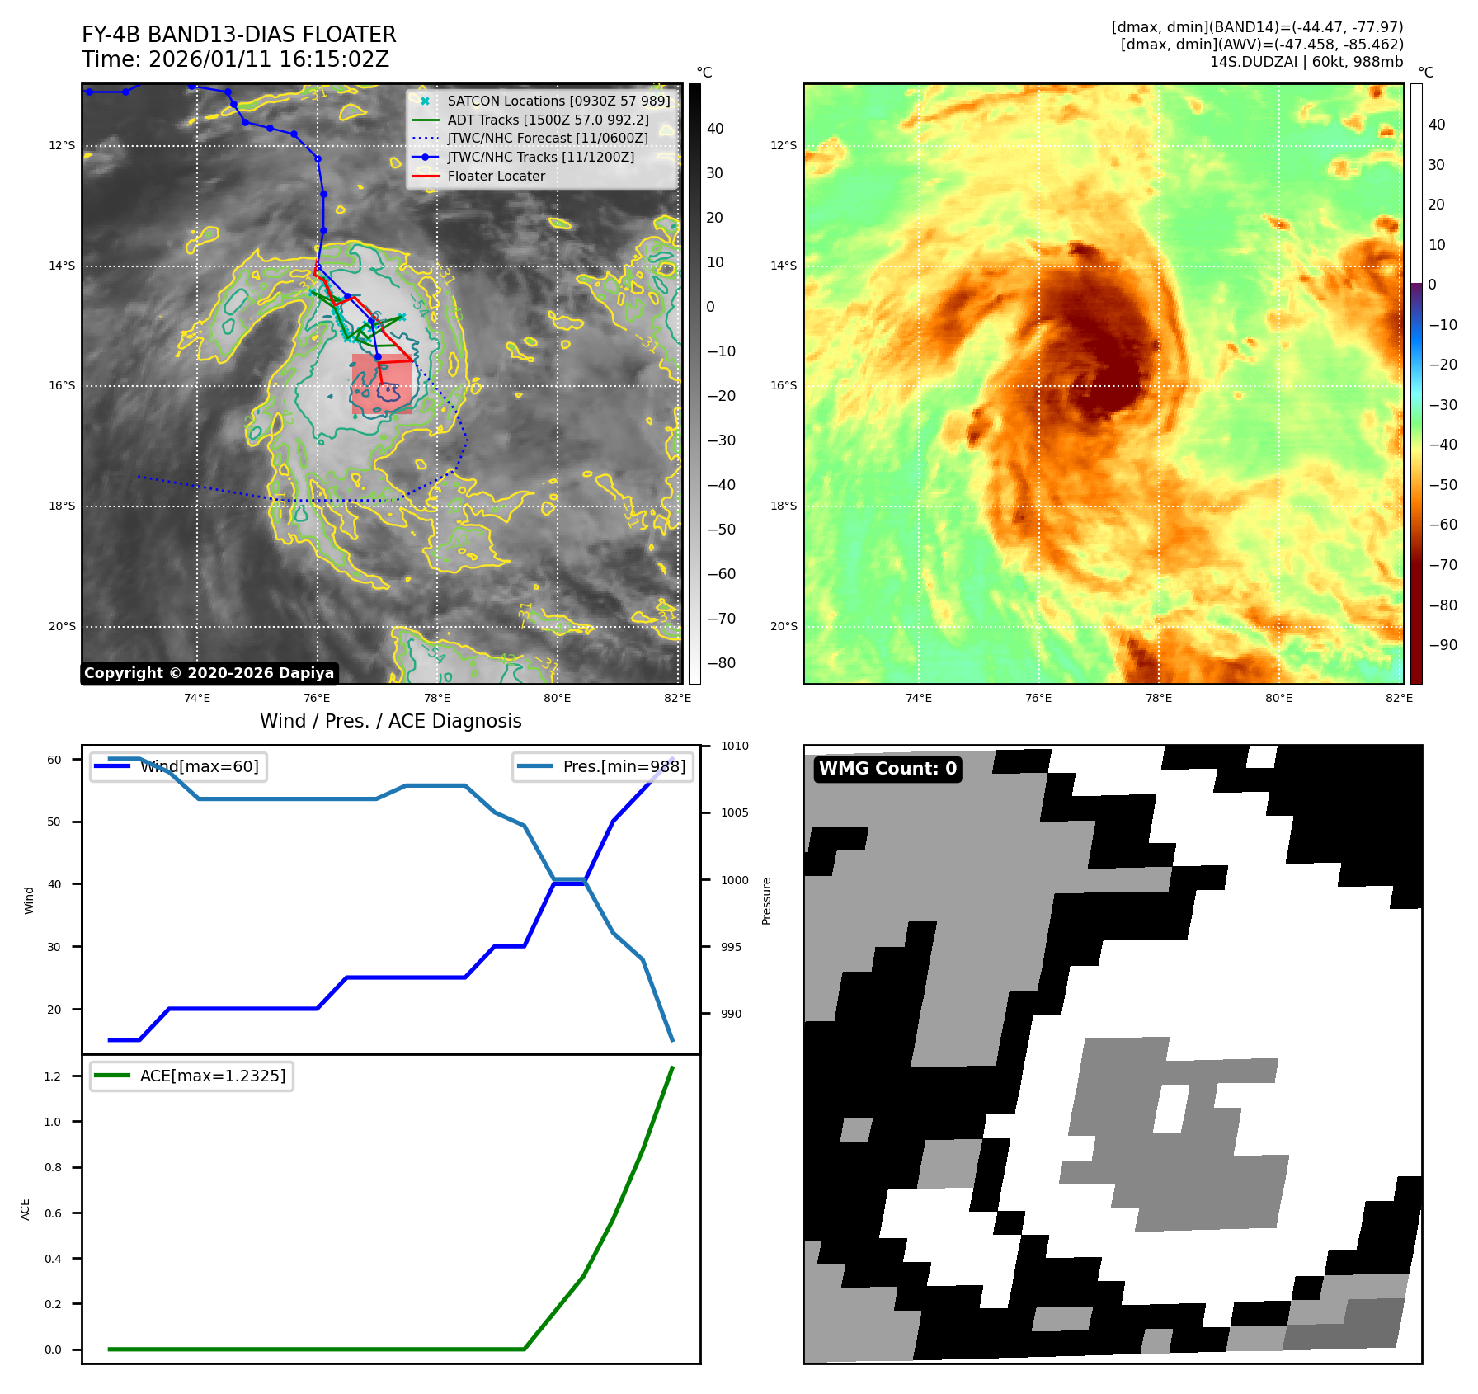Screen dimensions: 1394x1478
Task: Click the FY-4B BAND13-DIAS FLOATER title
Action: tap(238, 35)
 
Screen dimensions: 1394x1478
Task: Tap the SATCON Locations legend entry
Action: tap(558, 101)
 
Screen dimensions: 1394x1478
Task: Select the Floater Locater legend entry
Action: tap(496, 177)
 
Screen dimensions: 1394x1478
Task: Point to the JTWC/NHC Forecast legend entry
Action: tap(547, 139)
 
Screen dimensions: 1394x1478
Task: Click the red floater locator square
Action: tap(382, 384)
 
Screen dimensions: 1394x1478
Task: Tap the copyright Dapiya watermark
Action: tap(209, 673)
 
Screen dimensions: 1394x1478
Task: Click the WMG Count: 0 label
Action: tap(887, 769)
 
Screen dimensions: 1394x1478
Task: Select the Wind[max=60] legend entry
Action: tap(199, 767)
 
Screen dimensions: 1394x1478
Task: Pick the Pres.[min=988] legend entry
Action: tap(624, 767)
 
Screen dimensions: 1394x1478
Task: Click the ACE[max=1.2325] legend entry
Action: tap(212, 1076)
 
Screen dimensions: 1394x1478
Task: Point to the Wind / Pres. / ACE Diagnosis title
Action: tap(390, 722)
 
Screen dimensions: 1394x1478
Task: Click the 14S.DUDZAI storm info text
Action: tap(1306, 62)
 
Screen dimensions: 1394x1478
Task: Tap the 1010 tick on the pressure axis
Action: tap(734, 746)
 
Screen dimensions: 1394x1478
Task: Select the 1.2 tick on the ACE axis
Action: tap(53, 1076)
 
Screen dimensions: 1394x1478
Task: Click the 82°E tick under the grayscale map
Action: tap(677, 699)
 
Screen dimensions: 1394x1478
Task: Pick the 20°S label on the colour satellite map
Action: tap(784, 627)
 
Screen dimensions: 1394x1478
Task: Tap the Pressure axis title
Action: tap(766, 901)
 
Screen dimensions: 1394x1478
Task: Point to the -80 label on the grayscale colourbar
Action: tap(721, 663)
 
